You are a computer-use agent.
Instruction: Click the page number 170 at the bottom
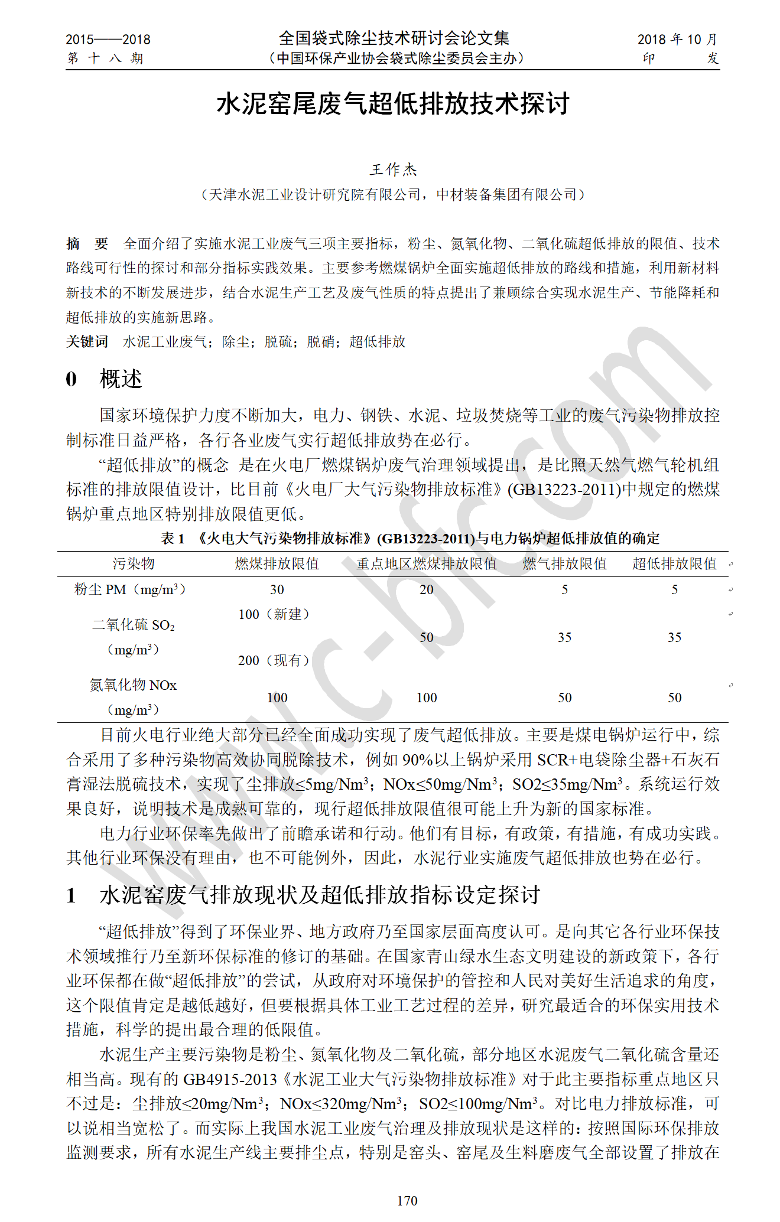[407, 1200]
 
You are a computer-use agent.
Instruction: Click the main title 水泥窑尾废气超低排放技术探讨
[393, 104]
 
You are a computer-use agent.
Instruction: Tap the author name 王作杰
[393, 170]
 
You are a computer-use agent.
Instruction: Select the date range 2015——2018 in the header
[108, 40]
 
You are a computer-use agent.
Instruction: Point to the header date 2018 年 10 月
[677, 40]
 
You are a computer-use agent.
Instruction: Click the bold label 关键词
[87, 341]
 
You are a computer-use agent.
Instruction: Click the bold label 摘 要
[87, 243]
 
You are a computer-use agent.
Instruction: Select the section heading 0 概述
[104, 379]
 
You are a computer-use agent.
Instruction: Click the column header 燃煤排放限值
[277, 563]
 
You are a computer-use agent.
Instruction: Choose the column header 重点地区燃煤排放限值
[427, 563]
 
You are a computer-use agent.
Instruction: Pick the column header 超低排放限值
[674, 563]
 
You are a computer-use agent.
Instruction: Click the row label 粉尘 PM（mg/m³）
[130, 589]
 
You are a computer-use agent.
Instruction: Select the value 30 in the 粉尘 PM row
[277, 589]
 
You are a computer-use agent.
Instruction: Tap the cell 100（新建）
[274, 614]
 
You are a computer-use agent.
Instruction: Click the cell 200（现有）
[274, 660]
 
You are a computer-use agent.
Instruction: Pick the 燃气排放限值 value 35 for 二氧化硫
[564, 637]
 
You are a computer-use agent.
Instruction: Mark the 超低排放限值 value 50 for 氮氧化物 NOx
[674, 698]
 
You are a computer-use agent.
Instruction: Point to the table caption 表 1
[173, 538]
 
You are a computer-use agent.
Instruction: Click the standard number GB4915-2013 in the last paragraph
[230, 1079]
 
